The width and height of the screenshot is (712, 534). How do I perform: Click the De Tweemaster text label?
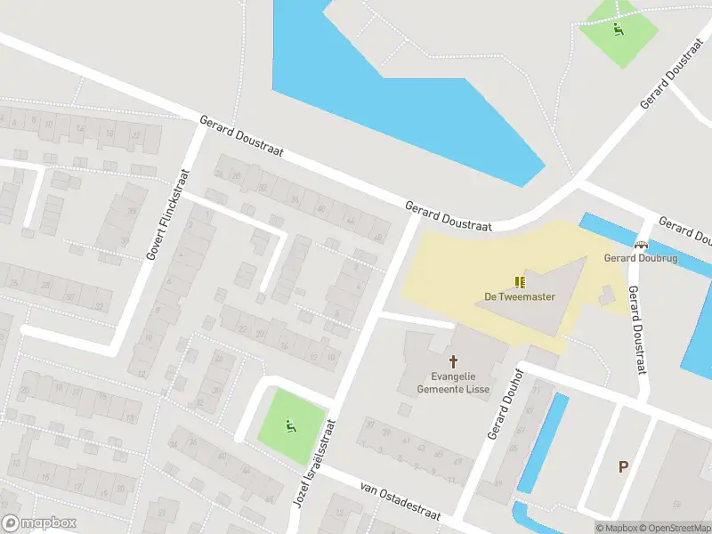pos(520,296)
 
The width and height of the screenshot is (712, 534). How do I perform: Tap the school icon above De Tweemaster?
pos(520,282)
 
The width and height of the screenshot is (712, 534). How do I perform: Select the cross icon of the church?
pos(454,361)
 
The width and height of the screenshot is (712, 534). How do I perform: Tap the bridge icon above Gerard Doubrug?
pos(640,244)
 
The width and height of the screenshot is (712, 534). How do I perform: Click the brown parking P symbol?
pos(623,466)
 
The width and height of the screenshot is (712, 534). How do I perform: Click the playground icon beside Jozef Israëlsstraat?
pos(290,426)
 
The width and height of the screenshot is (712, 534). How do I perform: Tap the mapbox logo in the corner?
pos(39,523)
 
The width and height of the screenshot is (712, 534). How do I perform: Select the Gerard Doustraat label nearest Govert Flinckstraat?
pos(241,136)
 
